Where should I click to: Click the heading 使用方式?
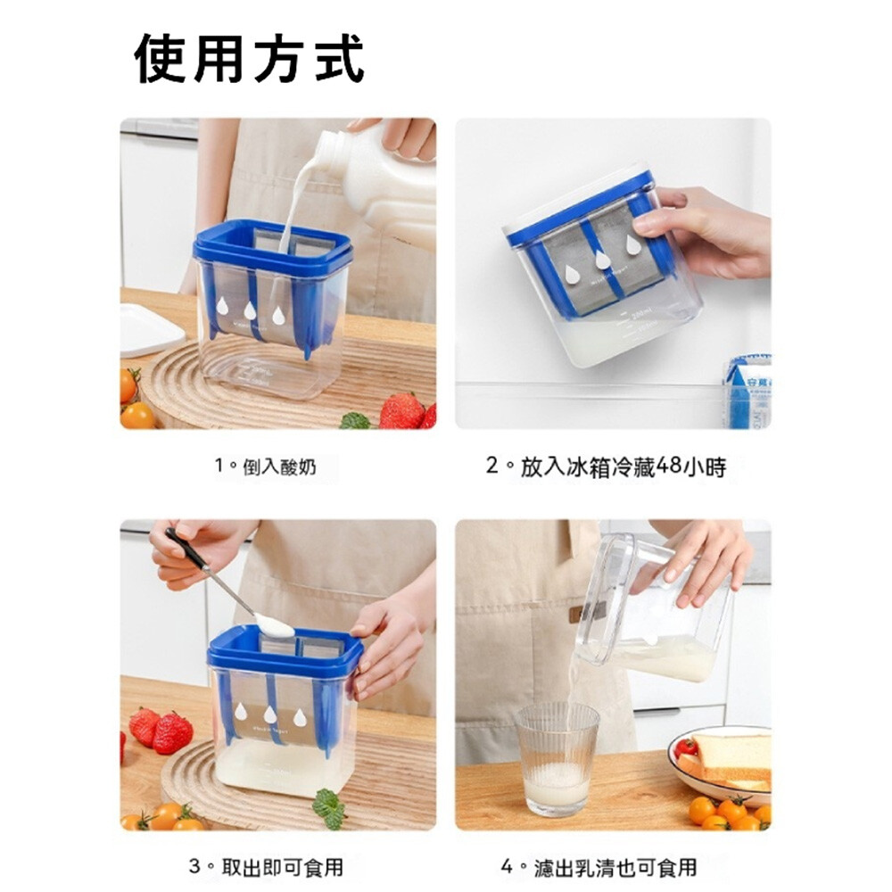pos(249,60)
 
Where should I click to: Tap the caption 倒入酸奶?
pos(279,467)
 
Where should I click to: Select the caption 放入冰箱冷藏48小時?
pos(624,467)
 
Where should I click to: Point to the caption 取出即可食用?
pos(282,868)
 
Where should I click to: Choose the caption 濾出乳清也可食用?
pos(615,868)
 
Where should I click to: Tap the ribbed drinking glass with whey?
pos(557,758)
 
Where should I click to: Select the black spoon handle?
pos(186,549)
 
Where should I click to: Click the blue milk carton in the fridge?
pos(748,392)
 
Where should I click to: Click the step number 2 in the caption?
pos(492,467)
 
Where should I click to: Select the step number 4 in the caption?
pos(507,868)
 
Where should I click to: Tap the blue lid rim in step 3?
pos(285,654)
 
